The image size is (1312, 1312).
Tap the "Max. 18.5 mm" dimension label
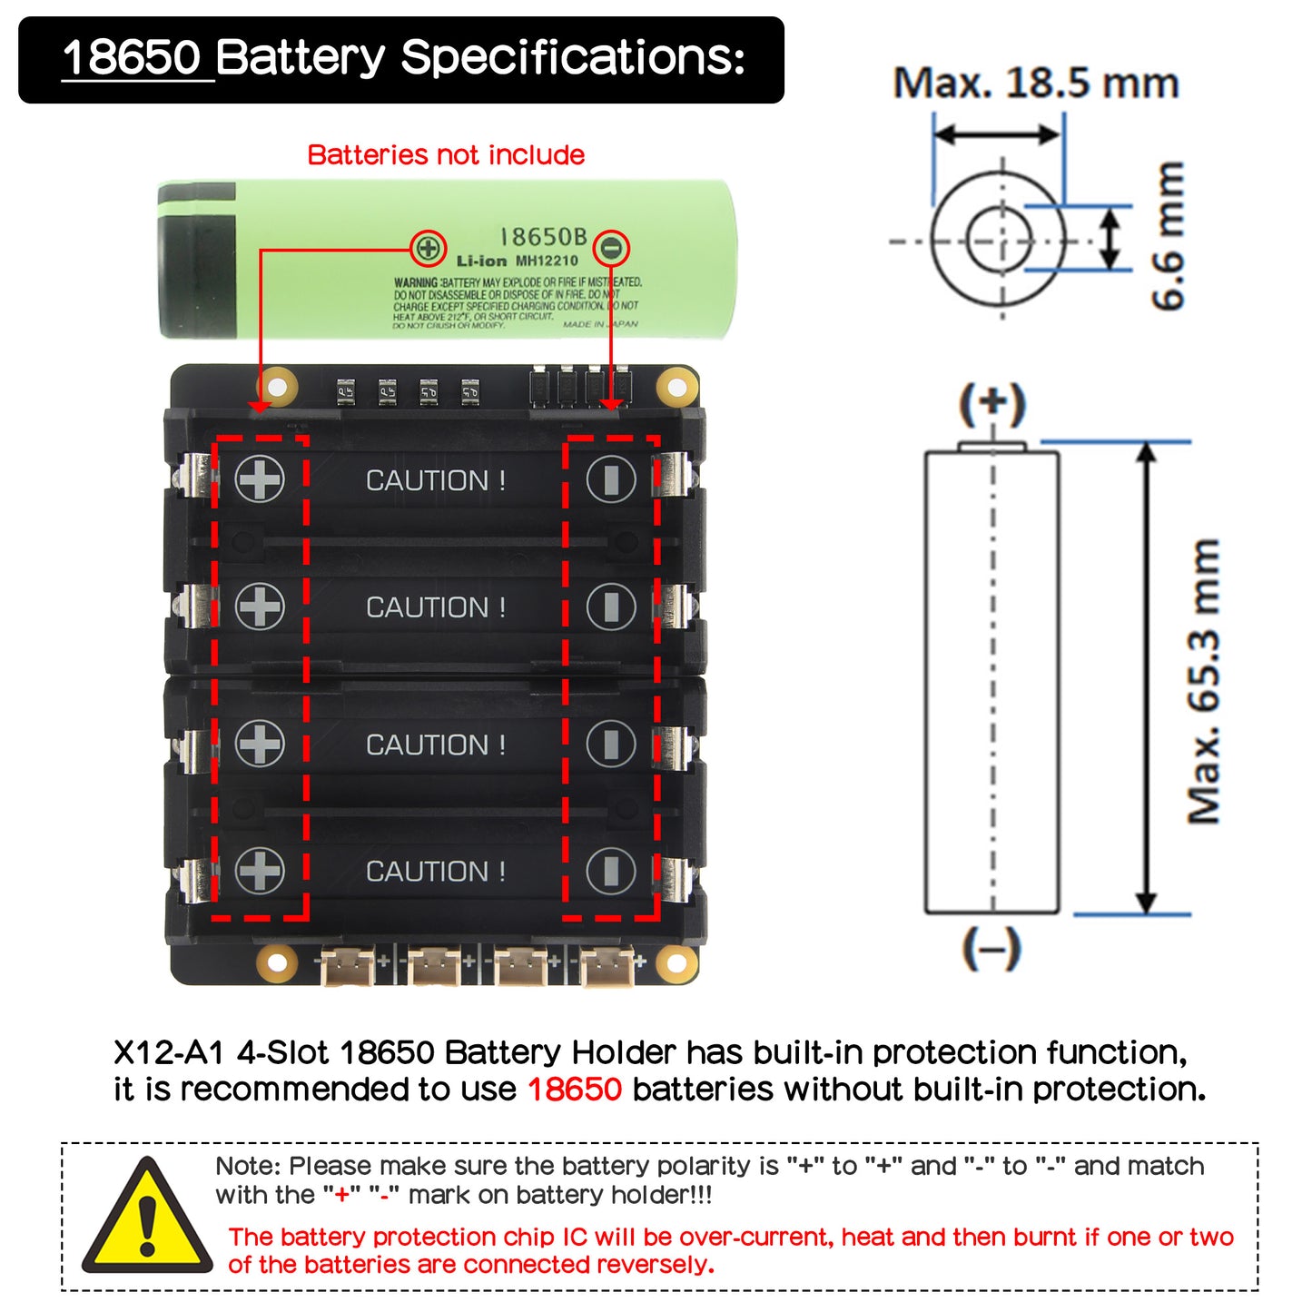[x=1036, y=84]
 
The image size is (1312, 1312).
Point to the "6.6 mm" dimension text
[x=1169, y=236]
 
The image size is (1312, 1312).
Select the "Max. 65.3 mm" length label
[x=1205, y=681]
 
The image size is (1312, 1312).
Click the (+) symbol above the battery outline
[x=992, y=405]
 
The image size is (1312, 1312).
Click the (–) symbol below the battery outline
[x=991, y=949]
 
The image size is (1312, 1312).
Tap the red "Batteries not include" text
[x=446, y=155]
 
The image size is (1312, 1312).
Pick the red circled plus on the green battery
[x=428, y=248]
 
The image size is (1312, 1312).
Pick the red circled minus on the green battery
[x=613, y=248]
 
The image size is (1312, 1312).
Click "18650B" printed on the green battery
[x=543, y=238]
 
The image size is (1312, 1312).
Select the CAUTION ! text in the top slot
[x=436, y=480]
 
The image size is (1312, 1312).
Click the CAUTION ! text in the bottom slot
[x=436, y=872]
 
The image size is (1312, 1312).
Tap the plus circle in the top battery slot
[x=260, y=479]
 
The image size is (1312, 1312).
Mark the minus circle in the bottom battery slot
[x=611, y=872]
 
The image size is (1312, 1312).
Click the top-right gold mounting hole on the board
[x=676, y=388]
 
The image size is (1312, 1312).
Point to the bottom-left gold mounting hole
[x=276, y=962]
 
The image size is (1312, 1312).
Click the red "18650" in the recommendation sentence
[x=575, y=1089]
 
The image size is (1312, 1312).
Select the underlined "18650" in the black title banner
[x=133, y=58]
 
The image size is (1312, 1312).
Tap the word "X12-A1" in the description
[x=169, y=1052]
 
